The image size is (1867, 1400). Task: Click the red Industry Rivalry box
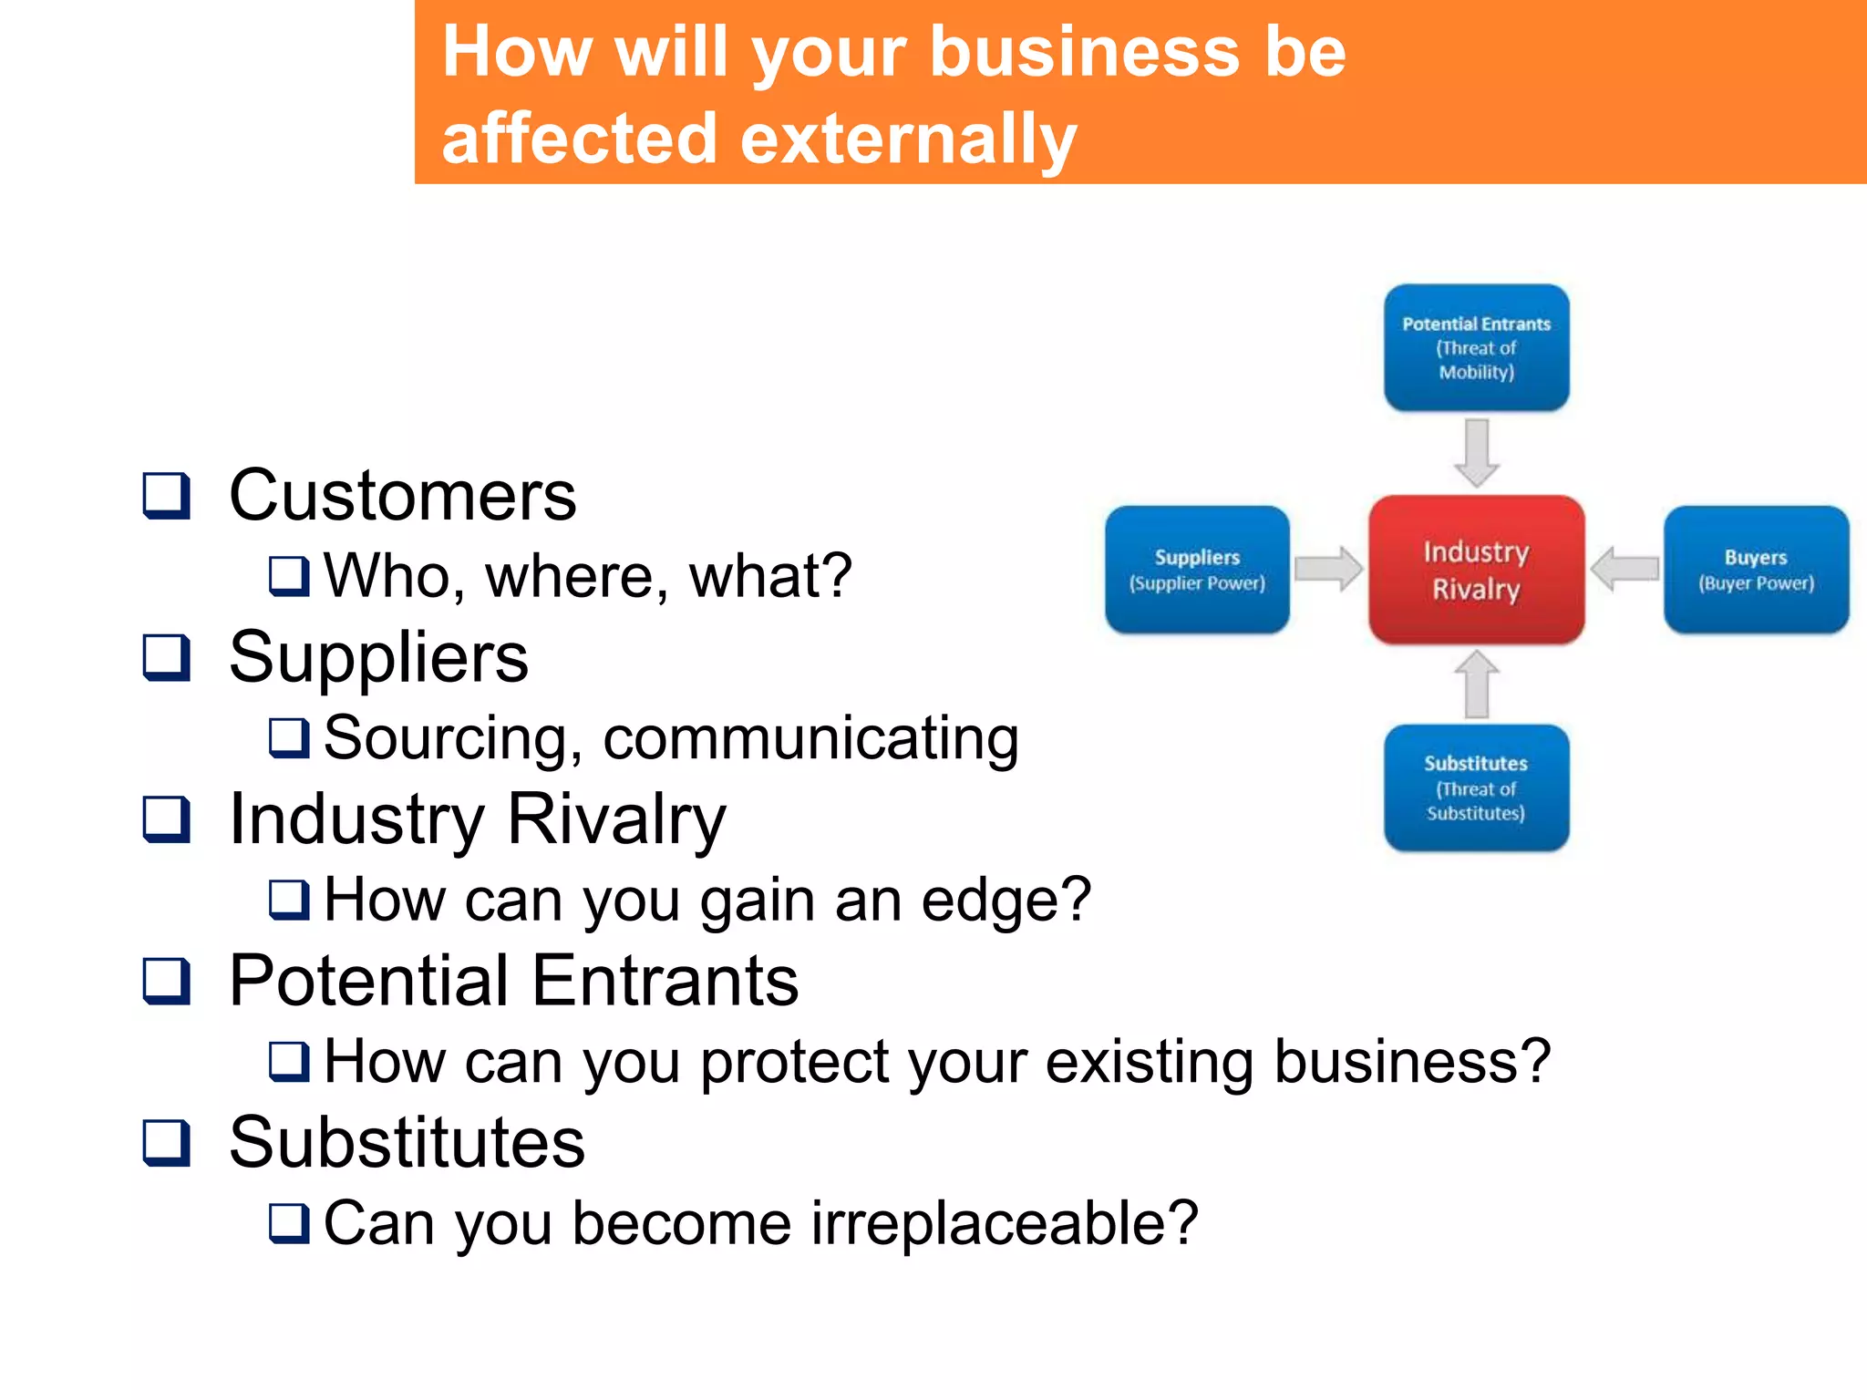1476,570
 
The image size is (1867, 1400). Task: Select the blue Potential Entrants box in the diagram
1476,347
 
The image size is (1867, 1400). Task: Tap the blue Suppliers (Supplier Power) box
1197,570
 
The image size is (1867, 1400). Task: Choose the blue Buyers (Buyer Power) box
1756,570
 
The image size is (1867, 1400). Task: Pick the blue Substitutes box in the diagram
1476,787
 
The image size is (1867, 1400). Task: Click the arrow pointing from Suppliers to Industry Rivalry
1328,569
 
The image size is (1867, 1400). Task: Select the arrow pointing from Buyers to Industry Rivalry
1625,569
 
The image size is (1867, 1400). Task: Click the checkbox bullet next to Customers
167,496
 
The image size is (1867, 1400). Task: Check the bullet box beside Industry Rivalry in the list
167,819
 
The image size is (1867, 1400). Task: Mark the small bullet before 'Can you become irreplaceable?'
289,1223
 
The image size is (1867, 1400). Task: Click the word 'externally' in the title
908,139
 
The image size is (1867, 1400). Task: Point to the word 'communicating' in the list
810,737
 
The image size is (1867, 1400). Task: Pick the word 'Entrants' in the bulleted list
665,981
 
